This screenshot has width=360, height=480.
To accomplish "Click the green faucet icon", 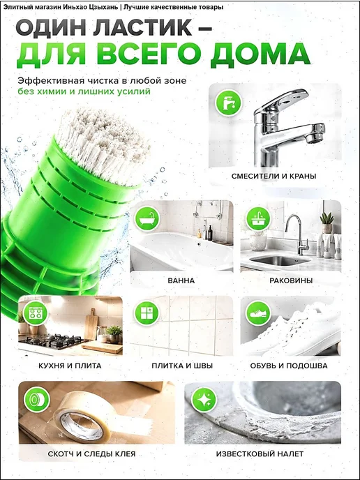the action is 228,103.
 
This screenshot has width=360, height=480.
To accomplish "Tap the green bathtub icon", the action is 147,218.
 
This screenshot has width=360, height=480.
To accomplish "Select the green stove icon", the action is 36,313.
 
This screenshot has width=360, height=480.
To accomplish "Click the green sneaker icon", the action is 258,313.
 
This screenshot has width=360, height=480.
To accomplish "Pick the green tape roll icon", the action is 37,399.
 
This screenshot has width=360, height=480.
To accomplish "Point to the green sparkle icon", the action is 204,399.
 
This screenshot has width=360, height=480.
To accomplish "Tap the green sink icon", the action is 258,218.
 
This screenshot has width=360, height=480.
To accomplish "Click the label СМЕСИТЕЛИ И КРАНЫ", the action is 274,177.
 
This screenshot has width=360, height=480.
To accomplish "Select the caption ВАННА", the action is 181,280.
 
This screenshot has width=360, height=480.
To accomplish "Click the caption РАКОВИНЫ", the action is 291,280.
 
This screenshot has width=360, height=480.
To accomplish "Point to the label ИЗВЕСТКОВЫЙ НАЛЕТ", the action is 260,453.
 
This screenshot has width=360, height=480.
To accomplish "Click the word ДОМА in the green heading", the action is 260,54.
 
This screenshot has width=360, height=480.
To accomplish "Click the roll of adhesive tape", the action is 83,418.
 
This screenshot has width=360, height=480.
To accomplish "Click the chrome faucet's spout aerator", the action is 313,138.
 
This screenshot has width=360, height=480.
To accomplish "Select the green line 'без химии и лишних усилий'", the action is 84,91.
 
